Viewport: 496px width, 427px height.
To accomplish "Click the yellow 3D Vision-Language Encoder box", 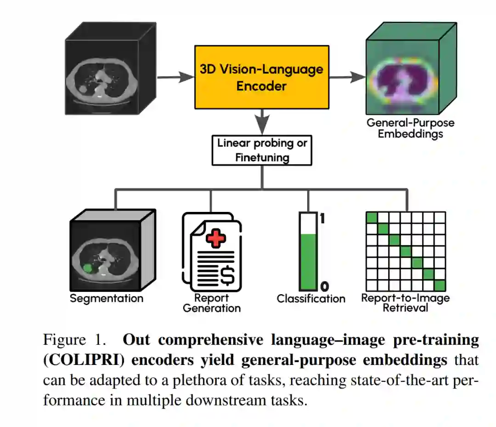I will coord(261,77).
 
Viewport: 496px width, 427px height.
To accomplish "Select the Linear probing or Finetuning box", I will coord(262,150).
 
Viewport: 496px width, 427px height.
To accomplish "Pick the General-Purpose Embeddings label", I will coord(410,128).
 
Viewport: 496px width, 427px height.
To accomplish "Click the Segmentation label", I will coord(107,298).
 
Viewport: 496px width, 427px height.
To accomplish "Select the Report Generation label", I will coord(212,303).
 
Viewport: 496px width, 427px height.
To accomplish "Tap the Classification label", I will coord(311,299).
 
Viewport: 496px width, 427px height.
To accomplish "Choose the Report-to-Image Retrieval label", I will coord(405,302).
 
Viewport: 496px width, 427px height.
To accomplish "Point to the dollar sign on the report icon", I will coord(227,274).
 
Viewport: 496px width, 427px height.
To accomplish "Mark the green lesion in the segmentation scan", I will coord(87,268).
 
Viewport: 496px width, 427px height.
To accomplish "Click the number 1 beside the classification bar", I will coord(322,218).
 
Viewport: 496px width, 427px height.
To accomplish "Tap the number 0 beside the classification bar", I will coord(324,287).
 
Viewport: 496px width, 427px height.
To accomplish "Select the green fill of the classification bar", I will coord(308,262).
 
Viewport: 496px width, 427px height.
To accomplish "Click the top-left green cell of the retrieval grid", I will coord(371,217).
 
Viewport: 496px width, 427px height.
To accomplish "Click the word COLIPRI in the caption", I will coord(84,359).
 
